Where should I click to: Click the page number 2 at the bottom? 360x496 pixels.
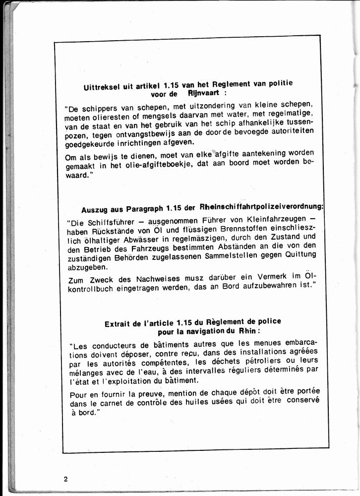(65, 479)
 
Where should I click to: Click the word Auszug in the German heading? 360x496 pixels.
(94, 209)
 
